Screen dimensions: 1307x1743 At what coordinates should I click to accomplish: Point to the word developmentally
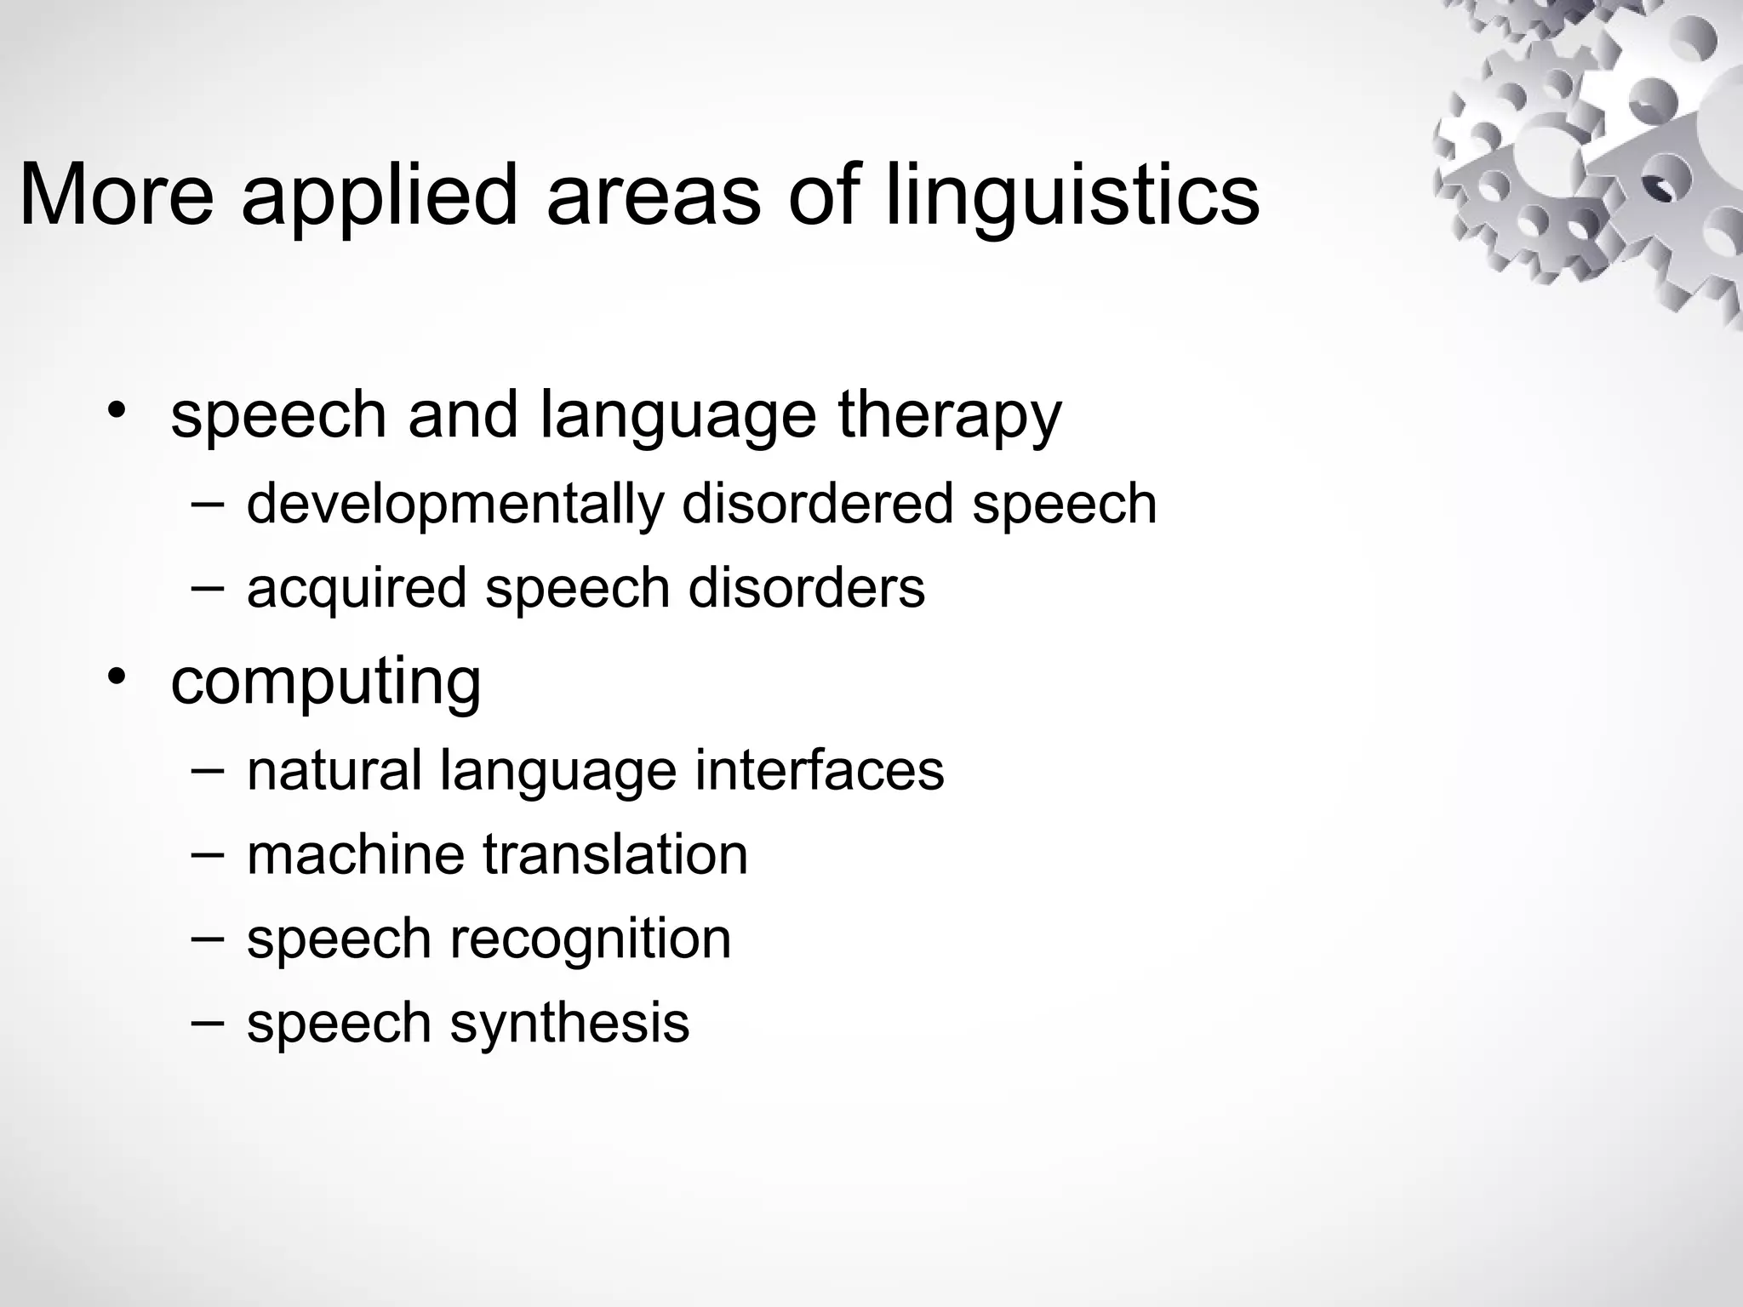454,505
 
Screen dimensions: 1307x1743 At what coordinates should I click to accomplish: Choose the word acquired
357,590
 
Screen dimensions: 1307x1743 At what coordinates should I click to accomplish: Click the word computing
326,683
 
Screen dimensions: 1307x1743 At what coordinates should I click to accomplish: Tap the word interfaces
819,770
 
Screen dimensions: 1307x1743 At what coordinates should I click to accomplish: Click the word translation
615,854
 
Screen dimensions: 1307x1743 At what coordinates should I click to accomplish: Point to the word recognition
590,939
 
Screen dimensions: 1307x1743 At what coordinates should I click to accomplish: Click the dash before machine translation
209,853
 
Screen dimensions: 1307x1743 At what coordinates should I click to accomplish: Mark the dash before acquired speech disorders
209,588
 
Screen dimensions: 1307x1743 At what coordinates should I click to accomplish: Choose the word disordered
817,504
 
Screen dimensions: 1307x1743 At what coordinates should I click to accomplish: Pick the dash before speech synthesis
209,1021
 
